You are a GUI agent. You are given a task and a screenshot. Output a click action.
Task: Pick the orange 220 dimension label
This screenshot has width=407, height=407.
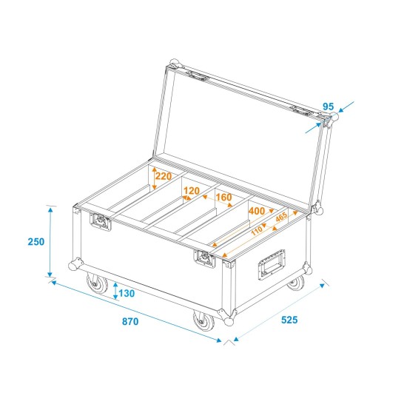(164, 177)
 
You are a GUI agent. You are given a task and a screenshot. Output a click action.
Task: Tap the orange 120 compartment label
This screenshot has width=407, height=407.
(192, 190)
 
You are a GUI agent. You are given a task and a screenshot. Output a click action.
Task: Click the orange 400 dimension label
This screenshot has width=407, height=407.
(257, 212)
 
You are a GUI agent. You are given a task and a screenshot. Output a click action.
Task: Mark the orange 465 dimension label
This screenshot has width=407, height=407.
(280, 218)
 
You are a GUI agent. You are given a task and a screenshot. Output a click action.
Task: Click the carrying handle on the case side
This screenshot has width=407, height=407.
(270, 263)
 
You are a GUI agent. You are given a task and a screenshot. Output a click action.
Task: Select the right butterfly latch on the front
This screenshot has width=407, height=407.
(203, 258)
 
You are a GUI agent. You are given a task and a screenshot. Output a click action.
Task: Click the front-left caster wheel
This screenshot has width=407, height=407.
(95, 283)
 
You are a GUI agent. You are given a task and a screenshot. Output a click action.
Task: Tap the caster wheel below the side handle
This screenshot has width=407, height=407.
(296, 282)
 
